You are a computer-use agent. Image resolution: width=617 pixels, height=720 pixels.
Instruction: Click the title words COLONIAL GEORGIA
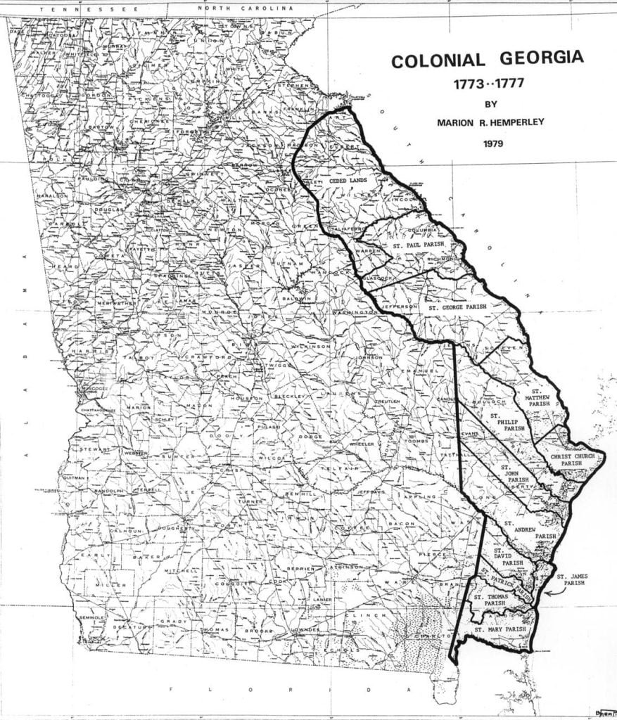click(x=487, y=58)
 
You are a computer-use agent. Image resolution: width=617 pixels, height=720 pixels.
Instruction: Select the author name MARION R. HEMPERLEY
click(x=486, y=123)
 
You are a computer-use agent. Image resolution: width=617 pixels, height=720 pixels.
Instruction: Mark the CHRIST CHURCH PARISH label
click(x=571, y=459)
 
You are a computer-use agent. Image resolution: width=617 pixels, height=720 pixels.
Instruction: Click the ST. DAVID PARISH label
click(x=508, y=558)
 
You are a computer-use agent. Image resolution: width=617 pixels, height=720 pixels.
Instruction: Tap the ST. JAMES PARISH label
click(x=572, y=580)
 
